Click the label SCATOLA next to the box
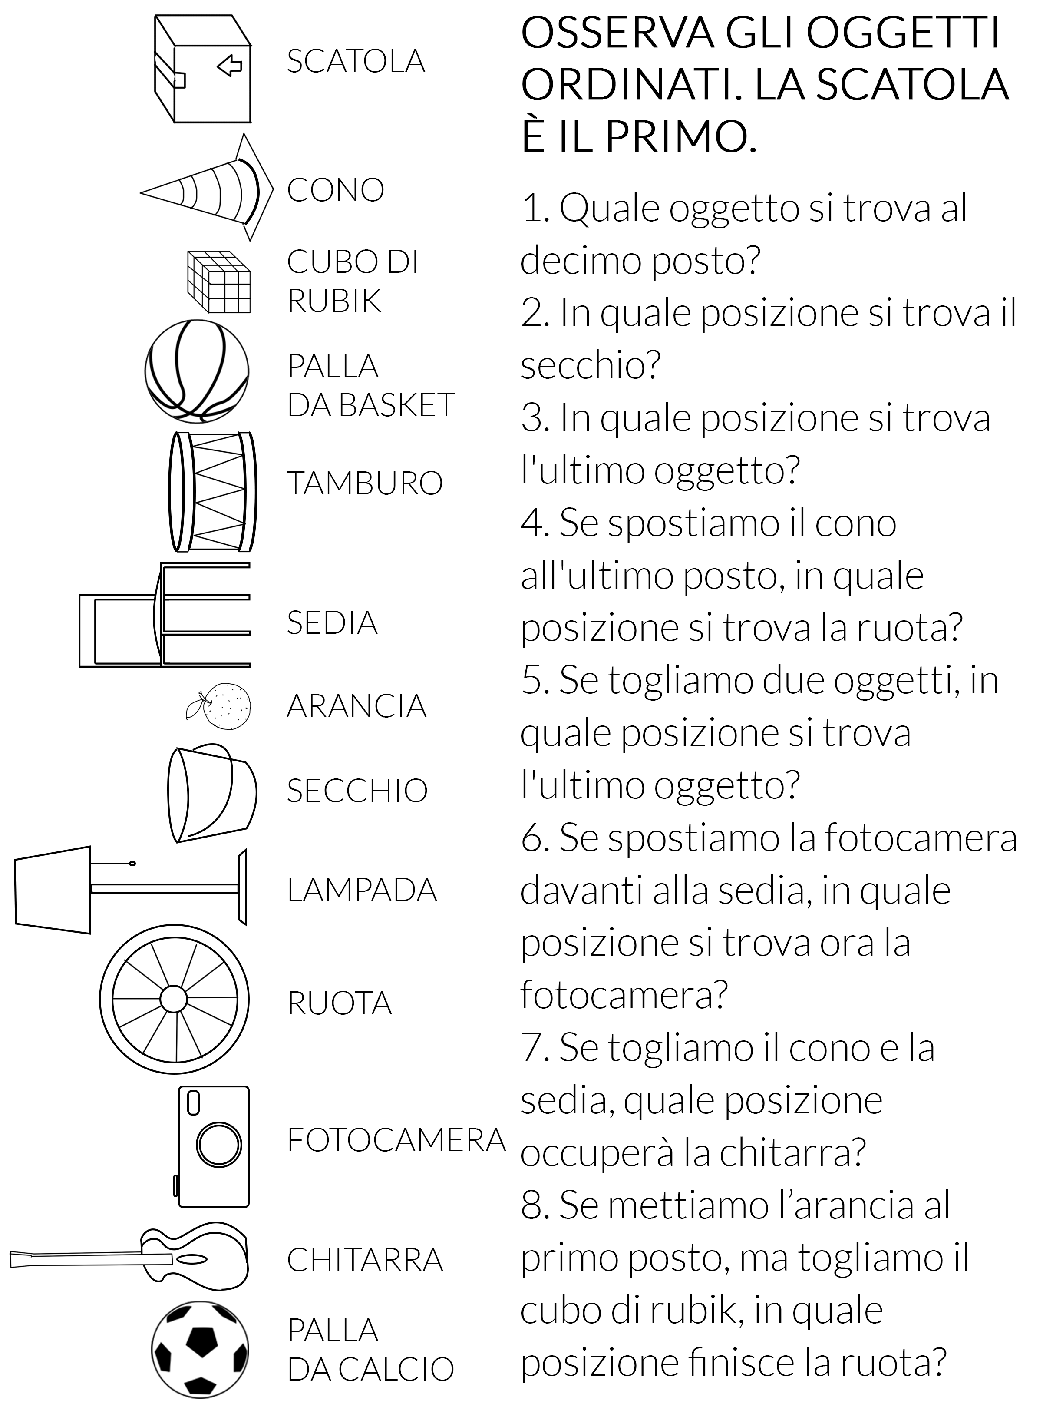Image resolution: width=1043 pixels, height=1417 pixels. click(x=356, y=61)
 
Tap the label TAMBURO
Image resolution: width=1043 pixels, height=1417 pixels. click(x=364, y=483)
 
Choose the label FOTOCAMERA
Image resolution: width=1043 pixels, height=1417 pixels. click(x=396, y=1140)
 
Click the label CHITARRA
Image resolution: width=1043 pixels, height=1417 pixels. click(x=364, y=1260)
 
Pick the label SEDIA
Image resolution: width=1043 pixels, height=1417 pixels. click(x=332, y=622)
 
